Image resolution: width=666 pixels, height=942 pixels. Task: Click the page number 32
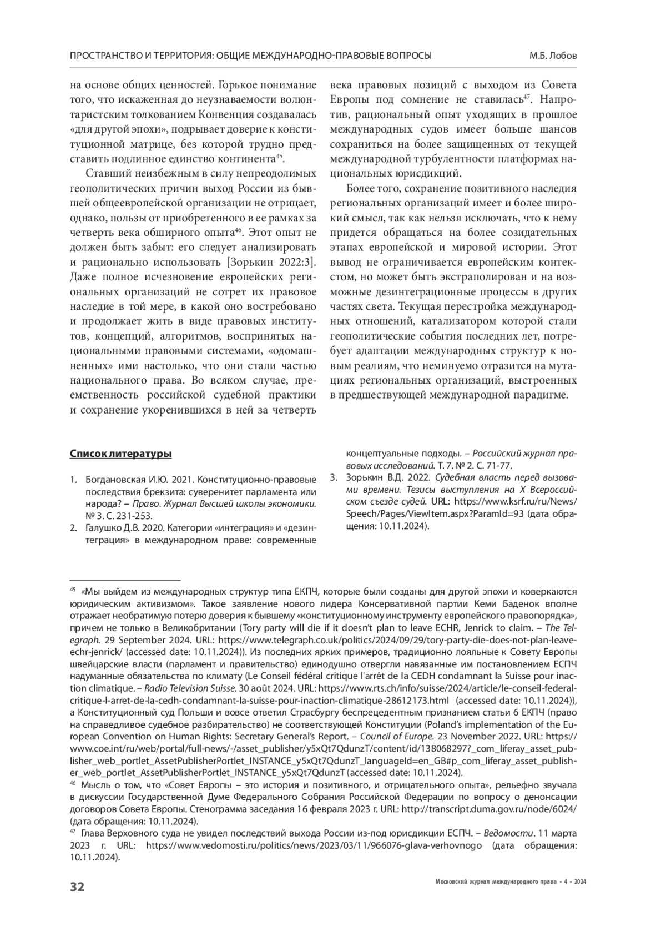tap(77, 886)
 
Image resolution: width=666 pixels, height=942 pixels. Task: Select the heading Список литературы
tap(120, 455)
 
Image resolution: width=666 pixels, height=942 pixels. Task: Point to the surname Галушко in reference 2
tap(104, 528)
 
